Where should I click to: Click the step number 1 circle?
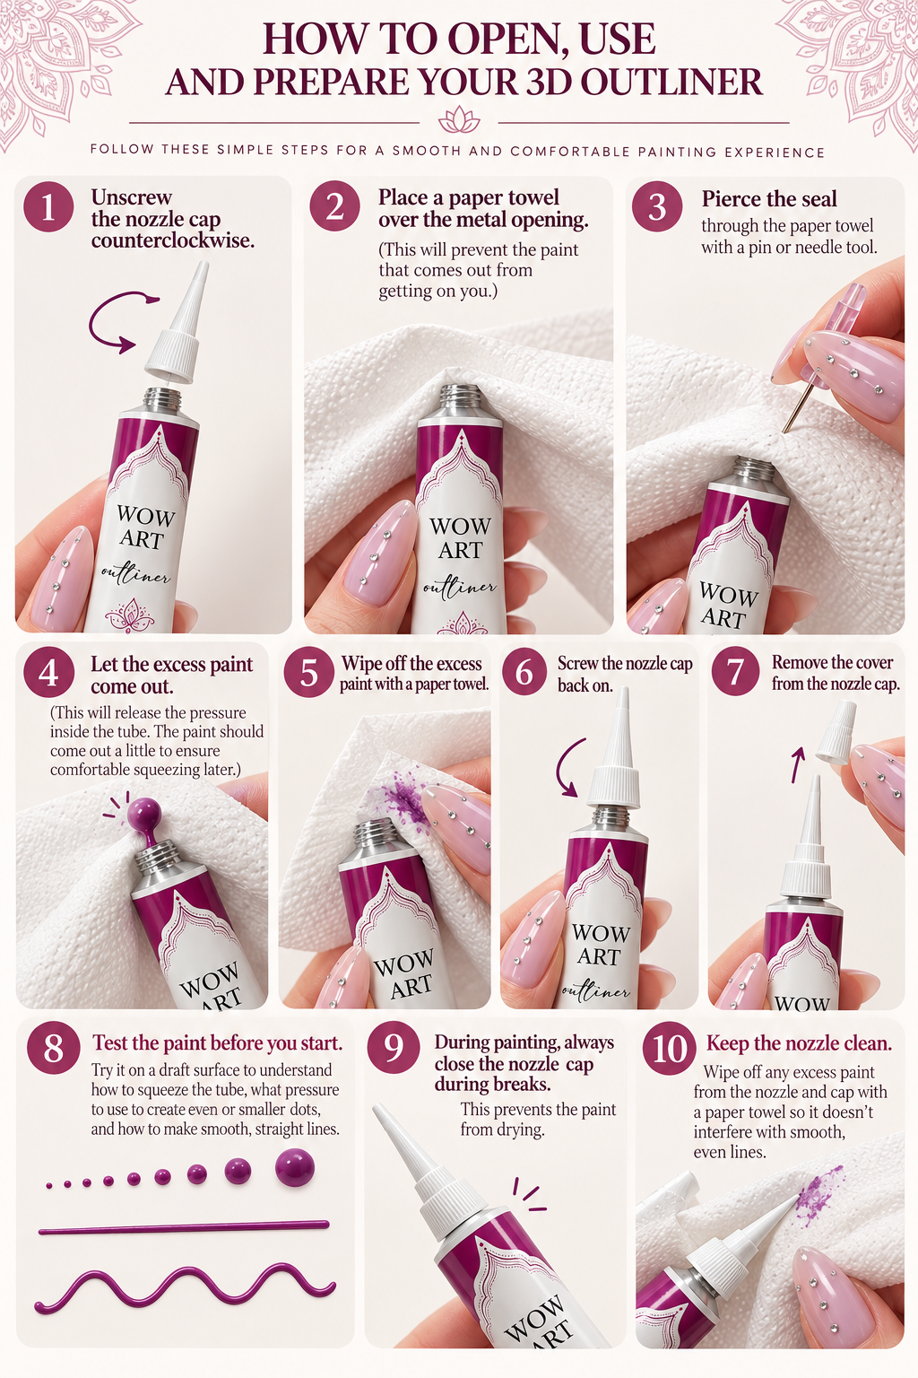pyautogui.click(x=48, y=206)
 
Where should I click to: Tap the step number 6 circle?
pyautogui.click(x=524, y=672)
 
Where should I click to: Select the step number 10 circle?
pyautogui.click(x=669, y=1048)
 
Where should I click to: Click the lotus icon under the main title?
pyautogui.click(x=459, y=119)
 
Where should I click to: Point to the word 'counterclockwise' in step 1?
pyautogui.click(x=173, y=240)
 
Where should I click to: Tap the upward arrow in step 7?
pyautogui.click(x=798, y=764)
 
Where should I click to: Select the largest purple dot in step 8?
pyautogui.click(x=295, y=1167)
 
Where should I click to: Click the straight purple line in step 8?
pyautogui.click(x=184, y=1228)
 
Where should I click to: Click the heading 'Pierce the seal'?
pyautogui.click(x=769, y=199)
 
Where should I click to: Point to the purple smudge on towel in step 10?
pyautogui.click(x=818, y=1194)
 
